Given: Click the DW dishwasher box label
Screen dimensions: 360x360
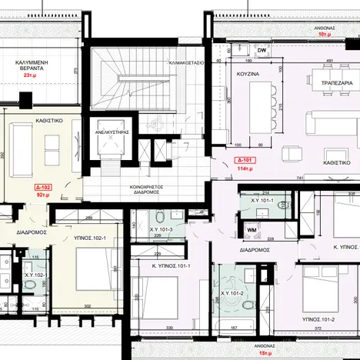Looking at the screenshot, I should click(x=262, y=51).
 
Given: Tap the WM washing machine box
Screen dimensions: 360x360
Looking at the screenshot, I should click(x=251, y=229).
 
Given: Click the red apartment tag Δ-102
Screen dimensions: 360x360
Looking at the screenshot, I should click(x=43, y=187).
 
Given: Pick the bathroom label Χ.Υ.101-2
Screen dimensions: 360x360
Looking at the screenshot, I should click(x=232, y=293).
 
